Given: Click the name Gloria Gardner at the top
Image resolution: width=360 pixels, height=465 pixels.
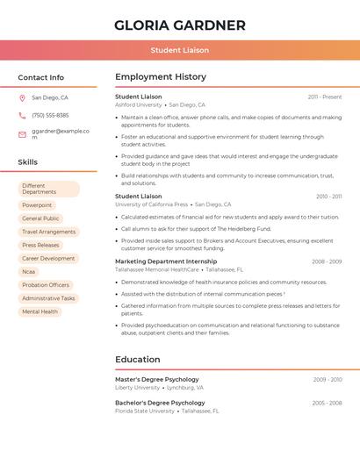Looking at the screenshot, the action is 180,25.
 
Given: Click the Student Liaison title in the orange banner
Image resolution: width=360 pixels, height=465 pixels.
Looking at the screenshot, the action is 180,50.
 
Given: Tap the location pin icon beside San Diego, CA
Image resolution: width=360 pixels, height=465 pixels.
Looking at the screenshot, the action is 22,97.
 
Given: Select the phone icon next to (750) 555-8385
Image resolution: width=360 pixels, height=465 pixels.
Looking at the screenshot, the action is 22,115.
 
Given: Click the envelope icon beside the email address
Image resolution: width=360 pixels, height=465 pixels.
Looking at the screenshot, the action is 22,133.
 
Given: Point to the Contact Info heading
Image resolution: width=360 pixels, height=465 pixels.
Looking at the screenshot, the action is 41,77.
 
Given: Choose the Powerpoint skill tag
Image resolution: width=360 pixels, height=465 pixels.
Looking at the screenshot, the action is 37,205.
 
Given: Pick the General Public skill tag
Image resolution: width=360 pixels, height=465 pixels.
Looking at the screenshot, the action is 40,218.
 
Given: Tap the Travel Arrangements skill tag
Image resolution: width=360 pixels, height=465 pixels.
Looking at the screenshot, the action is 48,232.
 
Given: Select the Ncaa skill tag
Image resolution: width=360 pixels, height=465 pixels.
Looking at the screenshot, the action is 29,272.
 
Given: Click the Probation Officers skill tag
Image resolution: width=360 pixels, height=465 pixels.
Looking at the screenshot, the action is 46,285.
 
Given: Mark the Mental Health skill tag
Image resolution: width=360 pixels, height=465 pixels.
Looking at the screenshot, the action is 40,311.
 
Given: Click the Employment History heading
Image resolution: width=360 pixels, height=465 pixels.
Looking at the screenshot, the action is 161,77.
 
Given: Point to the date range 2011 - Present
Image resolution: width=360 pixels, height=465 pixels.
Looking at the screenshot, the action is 325,97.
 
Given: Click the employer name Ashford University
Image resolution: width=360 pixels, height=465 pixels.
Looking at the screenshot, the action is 137,104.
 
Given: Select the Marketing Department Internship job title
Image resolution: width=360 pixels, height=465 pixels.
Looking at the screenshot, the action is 166,261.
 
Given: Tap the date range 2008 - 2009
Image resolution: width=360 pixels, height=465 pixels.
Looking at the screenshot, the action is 327,261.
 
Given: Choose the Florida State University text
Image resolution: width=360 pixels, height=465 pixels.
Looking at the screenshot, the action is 145,411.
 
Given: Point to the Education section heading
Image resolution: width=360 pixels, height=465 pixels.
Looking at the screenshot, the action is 138,359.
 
